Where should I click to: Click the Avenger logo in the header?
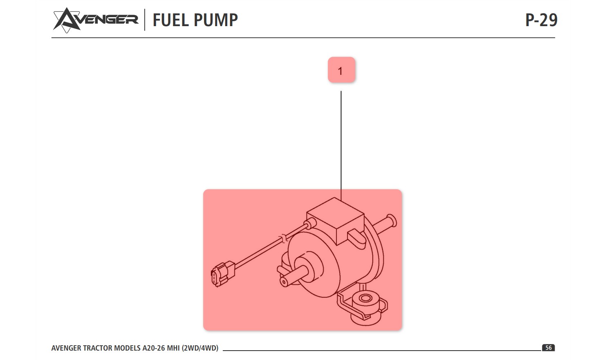click(95, 20)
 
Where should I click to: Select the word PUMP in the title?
click(216, 20)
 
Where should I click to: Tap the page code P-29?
click(541, 20)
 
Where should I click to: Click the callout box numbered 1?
click(341, 70)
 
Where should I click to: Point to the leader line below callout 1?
click(341, 146)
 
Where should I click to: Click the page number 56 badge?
click(548, 348)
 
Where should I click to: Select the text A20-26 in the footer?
click(153, 348)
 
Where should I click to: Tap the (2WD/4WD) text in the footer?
click(200, 348)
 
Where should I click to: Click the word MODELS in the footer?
click(127, 348)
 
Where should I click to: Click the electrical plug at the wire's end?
click(223, 274)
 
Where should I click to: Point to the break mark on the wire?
click(283, 239)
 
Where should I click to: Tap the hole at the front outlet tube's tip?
click(284, 282)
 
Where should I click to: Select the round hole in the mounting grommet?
click(366, 299)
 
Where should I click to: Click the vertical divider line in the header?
click(145, 20)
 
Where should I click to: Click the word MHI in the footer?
click(173, 348)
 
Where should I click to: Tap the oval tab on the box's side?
click(356, 237)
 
